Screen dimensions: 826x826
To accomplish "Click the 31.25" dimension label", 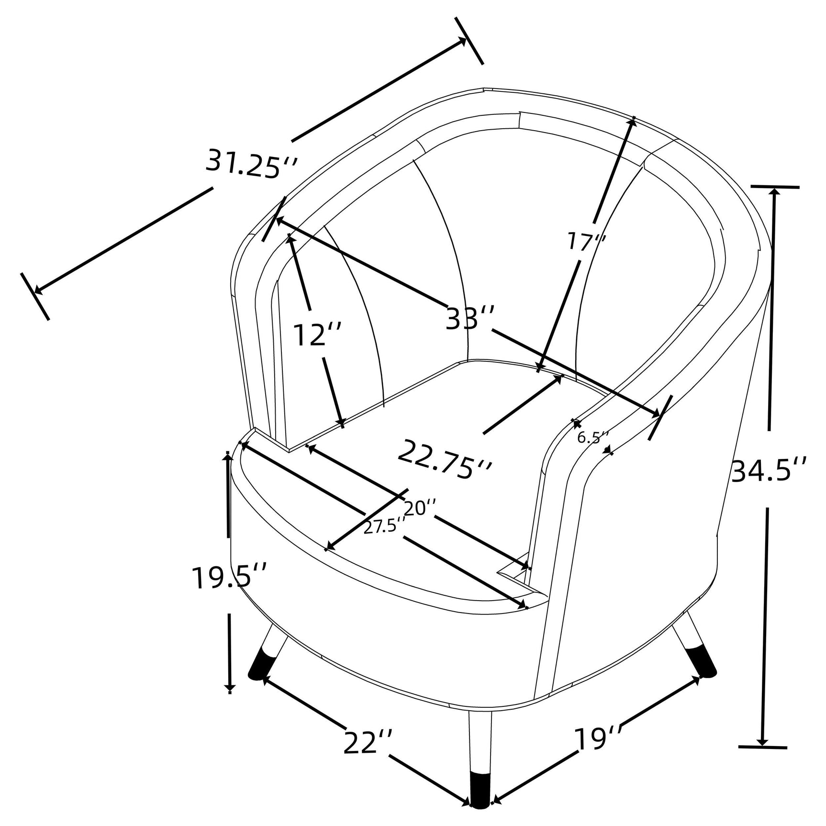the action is tap(252, 163).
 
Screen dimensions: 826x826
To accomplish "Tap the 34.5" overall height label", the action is tap(769, 469).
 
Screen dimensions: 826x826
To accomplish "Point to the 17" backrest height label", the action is tap(587, 241).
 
